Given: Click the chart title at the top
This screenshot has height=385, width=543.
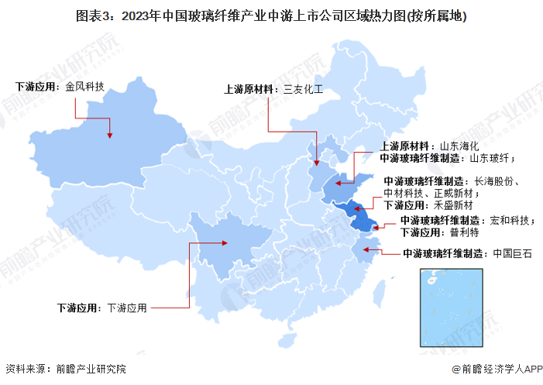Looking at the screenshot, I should [x=271, y=15].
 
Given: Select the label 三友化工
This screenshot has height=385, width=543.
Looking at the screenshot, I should [x=303, y=89].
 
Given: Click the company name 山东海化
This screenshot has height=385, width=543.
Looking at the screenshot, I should [x=460, y=146].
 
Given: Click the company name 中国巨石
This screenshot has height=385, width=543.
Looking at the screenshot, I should [x=512, y=253].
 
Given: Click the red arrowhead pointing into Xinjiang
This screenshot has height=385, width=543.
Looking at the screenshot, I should [x=110, y=135].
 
